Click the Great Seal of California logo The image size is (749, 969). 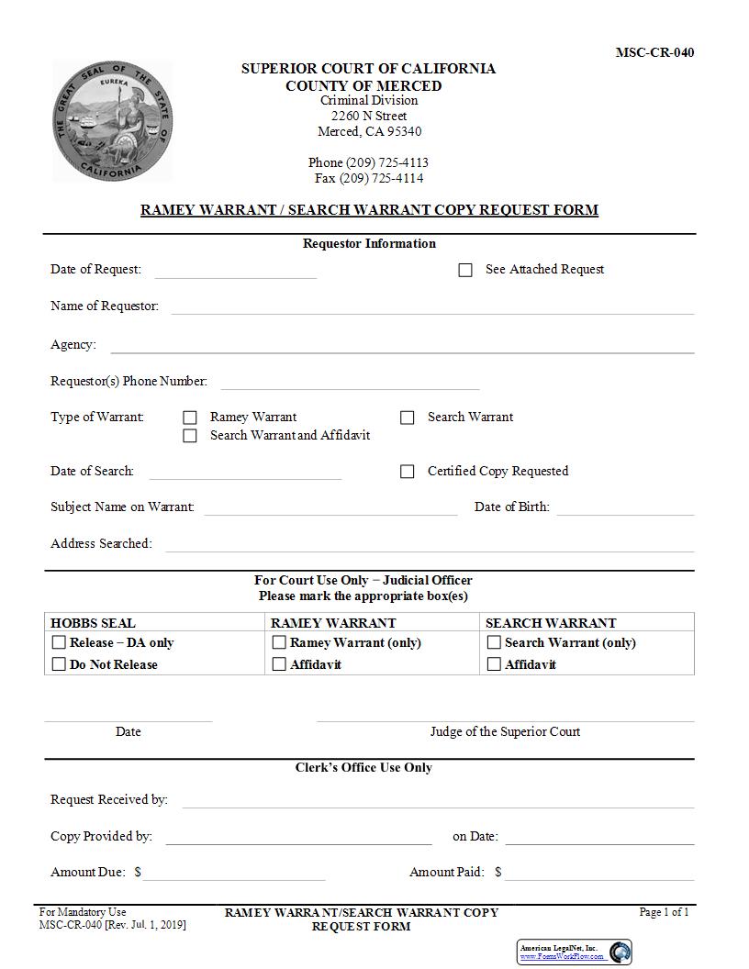click(x=112, y=120)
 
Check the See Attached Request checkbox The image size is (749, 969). click(x=465, y=270)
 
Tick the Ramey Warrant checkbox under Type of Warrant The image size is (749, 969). click(x=190, y=418)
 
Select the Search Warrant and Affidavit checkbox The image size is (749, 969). click(x=190, y=436)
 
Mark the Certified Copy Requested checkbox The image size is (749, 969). click(x=408, y=472)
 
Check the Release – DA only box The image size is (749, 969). click(x=60, y=642)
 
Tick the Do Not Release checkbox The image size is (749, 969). click(x=60, y=664)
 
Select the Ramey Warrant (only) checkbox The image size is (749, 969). click(x=280, y=642)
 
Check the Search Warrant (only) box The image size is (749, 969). click(x=494, y=642)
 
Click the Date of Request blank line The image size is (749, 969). click(x=235, y=273)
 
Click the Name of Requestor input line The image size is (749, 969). click(x=431, y=309)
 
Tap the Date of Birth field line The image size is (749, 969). click(x=624, y=510)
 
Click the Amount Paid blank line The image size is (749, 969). click(x=598, y=875)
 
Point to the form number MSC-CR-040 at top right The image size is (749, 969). click(x=654, y=52)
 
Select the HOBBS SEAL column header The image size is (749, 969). click(x=93, y=623)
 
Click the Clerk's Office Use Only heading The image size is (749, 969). click(x=363, y=767)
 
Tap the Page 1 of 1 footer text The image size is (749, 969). click(x=664, y=912)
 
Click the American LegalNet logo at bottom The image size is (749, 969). click(x=575, y=952)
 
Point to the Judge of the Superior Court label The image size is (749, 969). click(x=505, y=731)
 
